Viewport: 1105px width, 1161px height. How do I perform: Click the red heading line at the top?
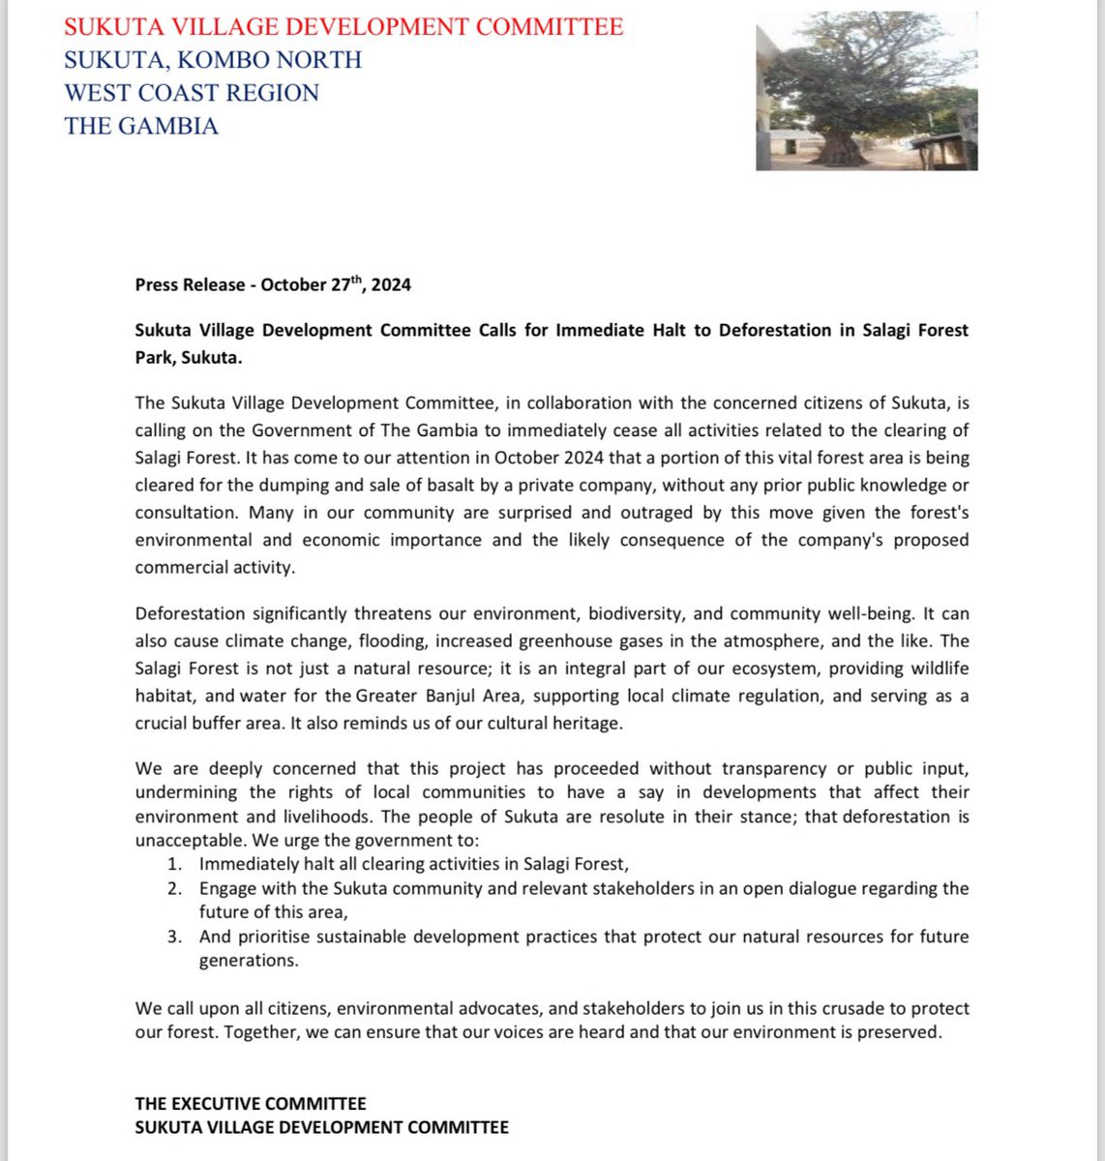pyautogui.click(x=343, y=27)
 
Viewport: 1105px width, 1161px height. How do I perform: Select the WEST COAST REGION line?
pyautogui.click(x=192, y=93)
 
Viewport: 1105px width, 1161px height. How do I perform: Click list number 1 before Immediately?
pyautogui.click(x=174, y=865)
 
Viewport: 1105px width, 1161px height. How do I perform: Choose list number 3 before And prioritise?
pyautogui.click(x=174, y=937)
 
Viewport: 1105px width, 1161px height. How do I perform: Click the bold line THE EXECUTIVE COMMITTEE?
pyautogui.click(x=251, y=1104)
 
